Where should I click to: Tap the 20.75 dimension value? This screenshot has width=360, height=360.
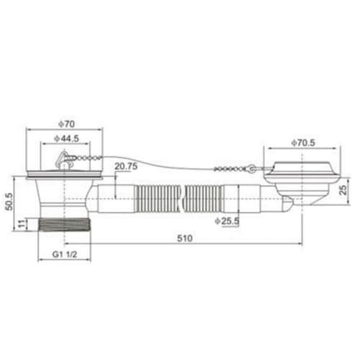[125, 166]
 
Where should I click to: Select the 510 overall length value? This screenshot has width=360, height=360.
[185, 238]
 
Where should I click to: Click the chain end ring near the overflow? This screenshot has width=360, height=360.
[251, 169]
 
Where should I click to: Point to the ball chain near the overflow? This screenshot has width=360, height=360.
[229, 169]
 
